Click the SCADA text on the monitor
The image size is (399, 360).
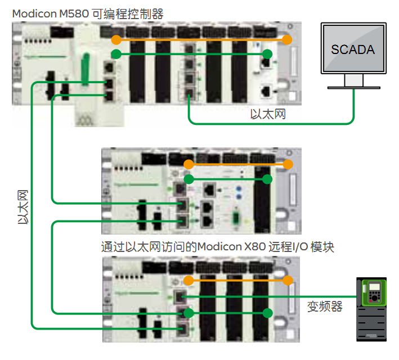pyautogui.click(x=353, y=49)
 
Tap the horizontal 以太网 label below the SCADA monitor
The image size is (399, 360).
pyautogui.click(x=268, y=115)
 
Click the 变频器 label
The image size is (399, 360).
pyautogui.click(x=325, y=307)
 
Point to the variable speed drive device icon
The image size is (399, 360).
pyautogui.click(x=373, y=309)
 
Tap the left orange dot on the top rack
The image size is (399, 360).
pyautogui.click(x=115, y=40)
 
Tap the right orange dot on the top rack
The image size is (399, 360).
pyautogui.click(x=288, y=40)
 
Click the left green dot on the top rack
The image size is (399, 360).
pyautogui.click(x=115, y=54)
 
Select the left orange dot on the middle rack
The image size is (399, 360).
pyautogui.click(x=189, y=165)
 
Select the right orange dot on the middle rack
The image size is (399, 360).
pyautogui.click(x=289, y=165)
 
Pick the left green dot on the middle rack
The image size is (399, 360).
pyautogui.click(x=189, y=179)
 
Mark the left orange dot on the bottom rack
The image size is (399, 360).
pyautogui.click(x=189, y=280)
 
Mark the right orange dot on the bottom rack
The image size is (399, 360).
pyautogui.click(x=289, y=280)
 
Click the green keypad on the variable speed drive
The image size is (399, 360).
pyautogui.click(x=373, y=293)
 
